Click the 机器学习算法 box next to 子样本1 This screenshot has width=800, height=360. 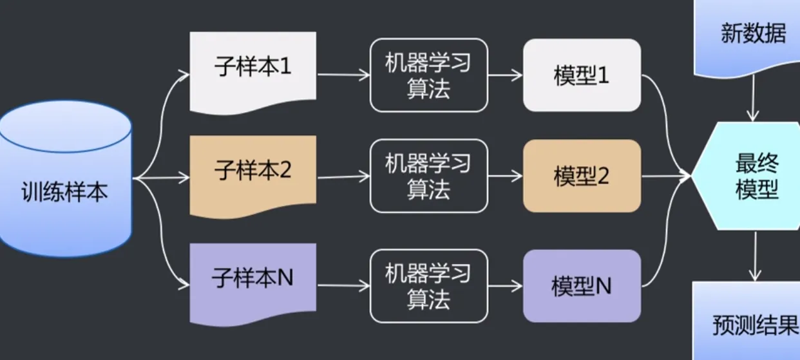coord(428,75)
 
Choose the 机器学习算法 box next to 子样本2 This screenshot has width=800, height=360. coord(428,176)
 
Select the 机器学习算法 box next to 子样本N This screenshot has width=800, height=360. coord(428,286)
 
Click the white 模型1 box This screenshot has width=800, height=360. coord(582,75)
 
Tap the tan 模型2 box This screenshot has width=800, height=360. coord(582,176)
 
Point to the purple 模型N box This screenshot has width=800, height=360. coord(582,286)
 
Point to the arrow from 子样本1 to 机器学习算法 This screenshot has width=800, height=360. coord(343,75)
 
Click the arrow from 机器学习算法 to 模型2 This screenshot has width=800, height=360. coord(505,176)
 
